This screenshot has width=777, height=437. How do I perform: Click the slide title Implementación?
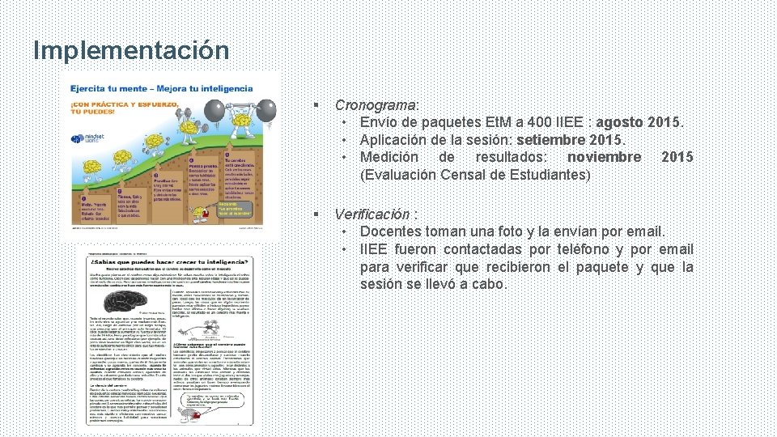pyautogui.click(x=131, y=50)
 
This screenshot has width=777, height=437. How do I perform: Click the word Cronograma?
pyautogui.click(x=376, y=105)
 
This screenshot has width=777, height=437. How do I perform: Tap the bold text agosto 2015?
pyautogui.click(x=639, y=123)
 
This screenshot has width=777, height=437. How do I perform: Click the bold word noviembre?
pyautogui.click(x=604, y=157)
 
